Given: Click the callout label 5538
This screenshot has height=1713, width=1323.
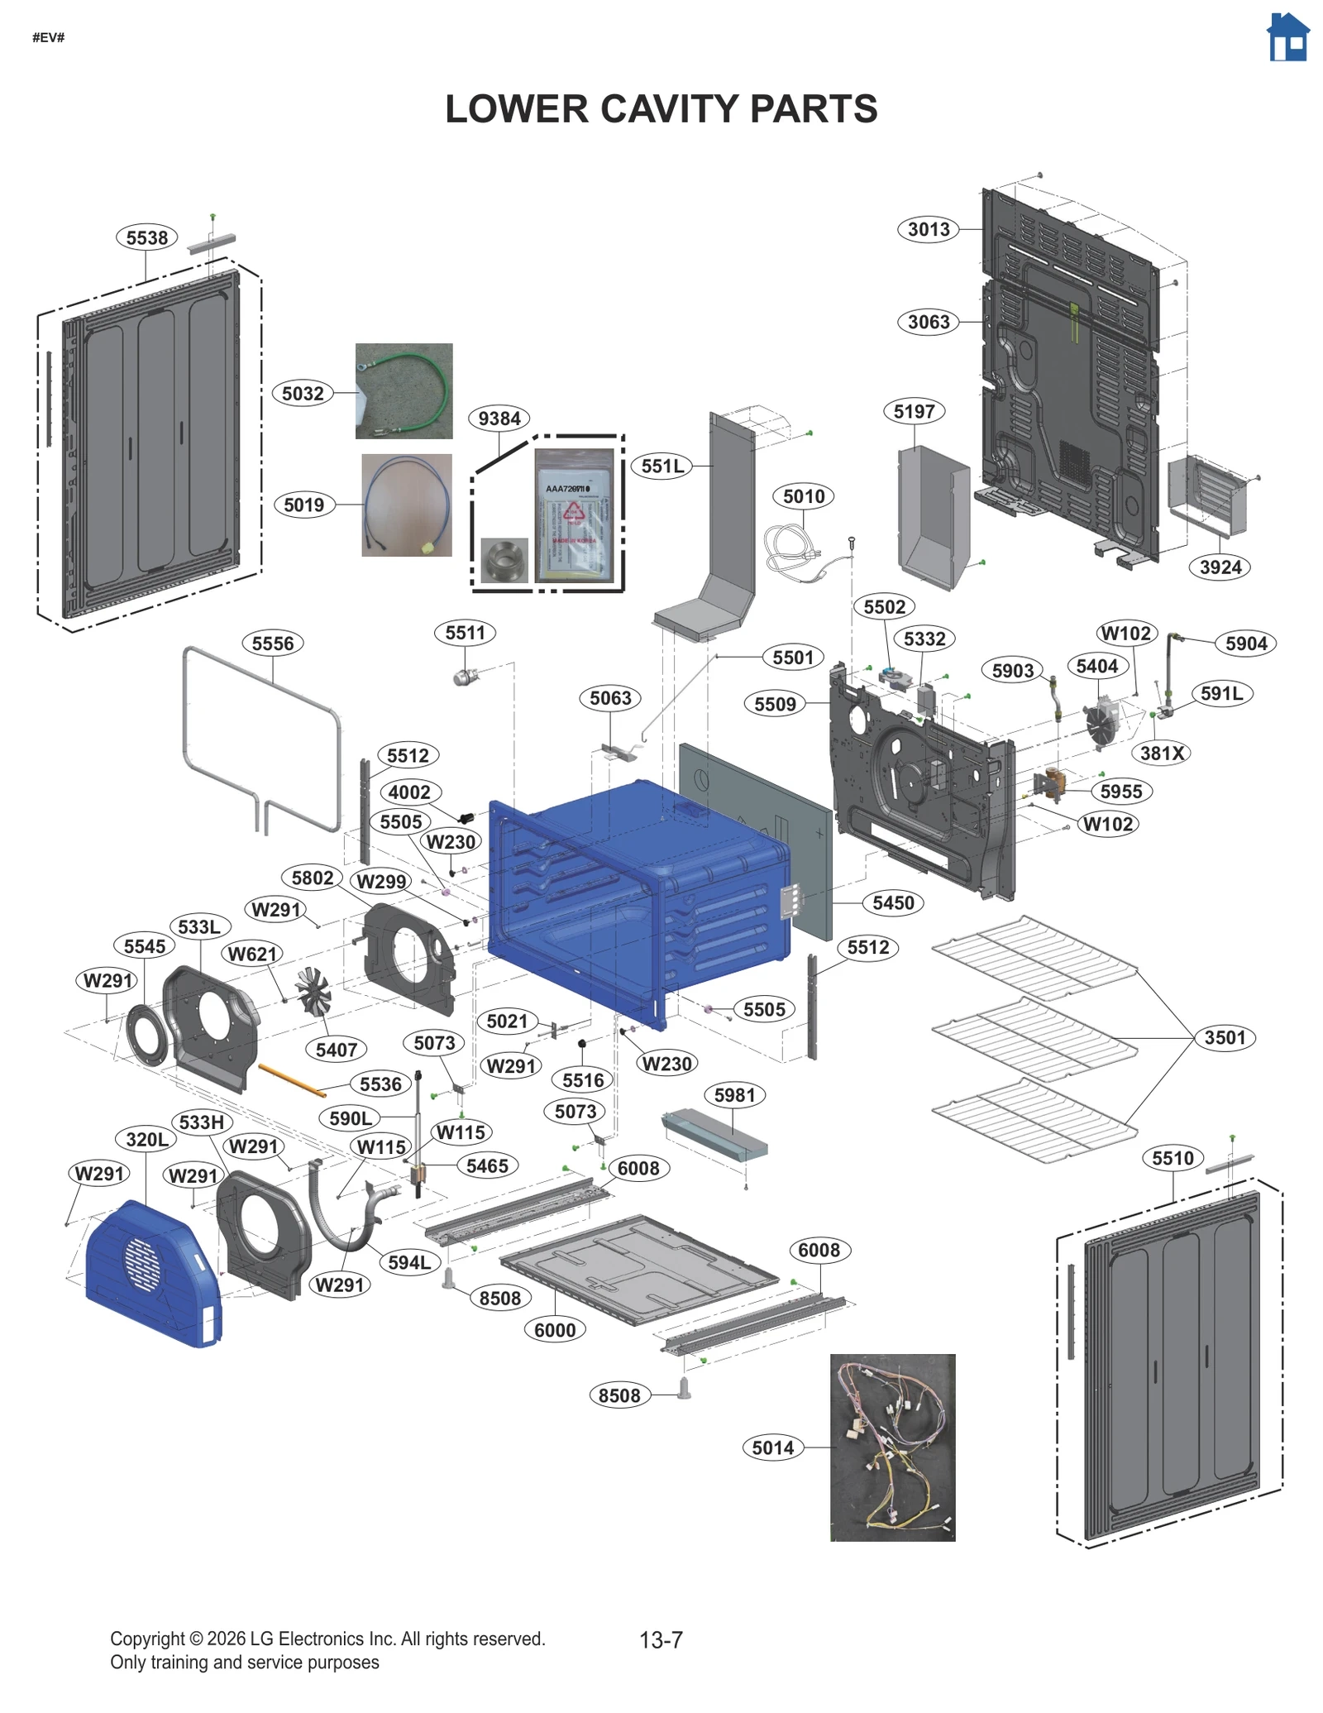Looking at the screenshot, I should [x=146, y=237].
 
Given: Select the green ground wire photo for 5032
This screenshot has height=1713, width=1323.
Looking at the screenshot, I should [x=404, y=390].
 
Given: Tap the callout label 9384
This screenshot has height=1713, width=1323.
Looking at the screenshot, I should [x=499, y=419].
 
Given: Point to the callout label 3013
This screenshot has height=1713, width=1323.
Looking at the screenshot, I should [x=928, y=229].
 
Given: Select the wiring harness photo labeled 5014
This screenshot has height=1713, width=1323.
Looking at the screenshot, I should [x=891, y=1447].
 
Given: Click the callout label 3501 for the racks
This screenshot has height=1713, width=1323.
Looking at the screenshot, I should [x=1224, y=1037].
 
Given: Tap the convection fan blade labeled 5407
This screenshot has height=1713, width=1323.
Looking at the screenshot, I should [x=313, y=990].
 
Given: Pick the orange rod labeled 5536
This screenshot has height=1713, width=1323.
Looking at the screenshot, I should [x=291, y=1080].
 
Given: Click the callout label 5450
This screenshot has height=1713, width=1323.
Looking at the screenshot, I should [x=893, y=902].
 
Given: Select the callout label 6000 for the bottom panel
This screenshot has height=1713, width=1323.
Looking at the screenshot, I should [x=554, y=1329].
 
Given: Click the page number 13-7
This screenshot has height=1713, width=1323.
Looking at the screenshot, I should [x=661, y=1639].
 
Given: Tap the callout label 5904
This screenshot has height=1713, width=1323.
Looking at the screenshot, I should [x=1245, y=644].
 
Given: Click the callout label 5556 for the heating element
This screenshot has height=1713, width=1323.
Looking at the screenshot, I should [x=272, y=644].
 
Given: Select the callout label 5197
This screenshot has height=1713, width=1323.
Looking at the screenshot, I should [x=913, y=411].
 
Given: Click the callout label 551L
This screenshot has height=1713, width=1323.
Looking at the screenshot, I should [x=662, y=466].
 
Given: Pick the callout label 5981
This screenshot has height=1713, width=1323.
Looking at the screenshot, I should [x=734, y=1095].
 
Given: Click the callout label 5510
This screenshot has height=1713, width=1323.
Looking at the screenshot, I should [x=1173, y=1158].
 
